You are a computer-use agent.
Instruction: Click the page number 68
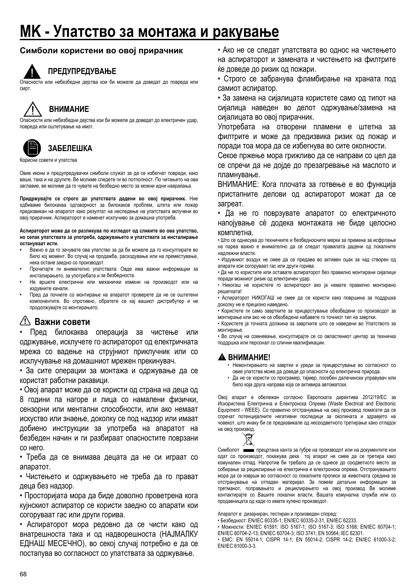pos(23,574)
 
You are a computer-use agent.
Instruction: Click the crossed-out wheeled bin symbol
pos(248,439)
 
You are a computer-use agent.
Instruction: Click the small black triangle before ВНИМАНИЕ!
pos(222,357)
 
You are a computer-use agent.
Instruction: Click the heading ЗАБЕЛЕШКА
pos(70,148)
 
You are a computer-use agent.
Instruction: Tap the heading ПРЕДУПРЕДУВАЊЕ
pos(82,71)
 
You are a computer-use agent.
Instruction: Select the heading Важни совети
pos(62,322)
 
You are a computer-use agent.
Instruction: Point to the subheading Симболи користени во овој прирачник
pos(101,51)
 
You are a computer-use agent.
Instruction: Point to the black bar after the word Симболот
pos(248,450)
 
